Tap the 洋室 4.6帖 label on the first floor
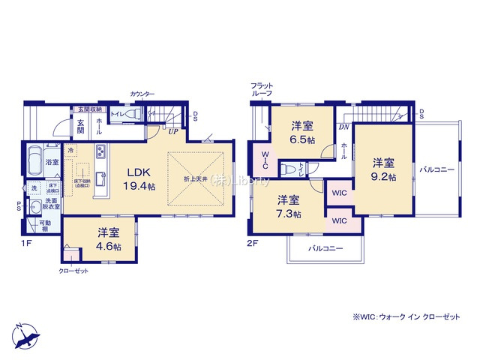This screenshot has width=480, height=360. point(97,240)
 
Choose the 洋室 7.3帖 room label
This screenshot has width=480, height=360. point(288,207)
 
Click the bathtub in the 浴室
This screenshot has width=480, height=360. point(34,160)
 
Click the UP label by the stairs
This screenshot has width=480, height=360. point(172,132)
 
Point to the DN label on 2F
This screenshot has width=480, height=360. point(344,127)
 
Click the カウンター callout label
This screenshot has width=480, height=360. point(142,94)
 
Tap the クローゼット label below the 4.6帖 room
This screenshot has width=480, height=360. point(73,273)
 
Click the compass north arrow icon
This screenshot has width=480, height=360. point(24,334)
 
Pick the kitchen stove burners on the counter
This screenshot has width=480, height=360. point(99,155)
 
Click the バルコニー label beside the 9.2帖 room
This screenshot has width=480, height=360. point(437,170)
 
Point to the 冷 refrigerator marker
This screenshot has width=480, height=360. point(70,150)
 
